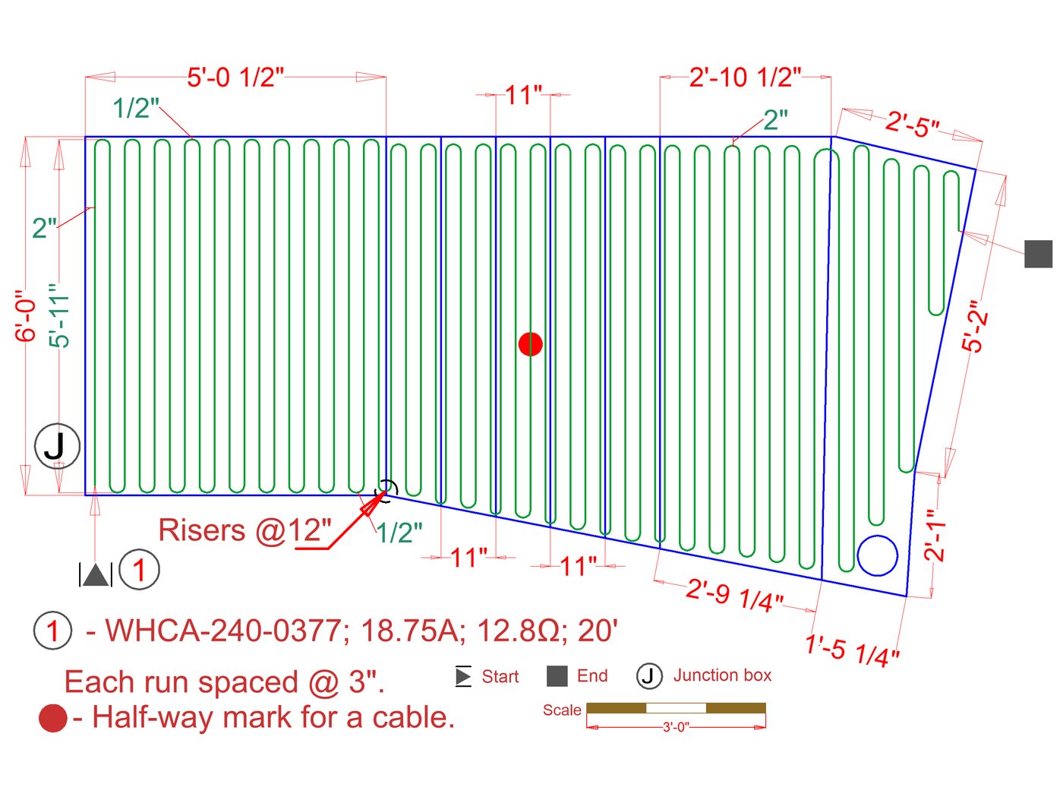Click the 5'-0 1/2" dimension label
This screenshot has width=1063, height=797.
point(235,77)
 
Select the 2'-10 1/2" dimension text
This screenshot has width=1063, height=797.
point(745,77)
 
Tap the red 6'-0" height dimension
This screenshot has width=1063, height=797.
point(26,316)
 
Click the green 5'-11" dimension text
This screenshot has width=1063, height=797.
point(59,315)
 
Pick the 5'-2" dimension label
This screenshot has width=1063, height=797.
point(974,327)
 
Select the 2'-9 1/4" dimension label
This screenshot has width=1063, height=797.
point(733,596)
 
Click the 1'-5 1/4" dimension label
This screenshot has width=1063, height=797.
point(852,650)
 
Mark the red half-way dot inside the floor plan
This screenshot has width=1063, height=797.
point(530,344)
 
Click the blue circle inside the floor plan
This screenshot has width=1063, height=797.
point(877,555)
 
